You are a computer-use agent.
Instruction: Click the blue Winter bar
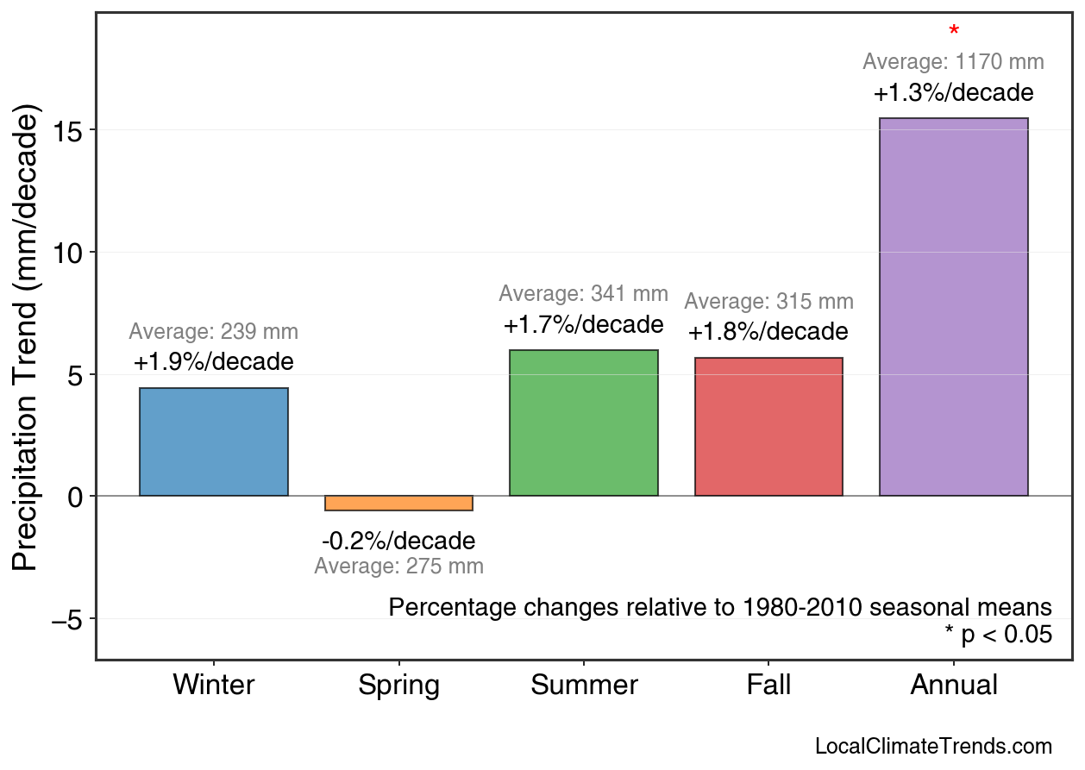tap(213, 441)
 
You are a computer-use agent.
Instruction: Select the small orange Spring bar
tap(398, 504)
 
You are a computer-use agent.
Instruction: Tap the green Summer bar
tap(584, 423)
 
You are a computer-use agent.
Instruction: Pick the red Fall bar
tap(768, 427)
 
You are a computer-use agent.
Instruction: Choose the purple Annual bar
tap(953, 307)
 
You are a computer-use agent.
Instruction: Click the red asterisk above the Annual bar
tap(953, 32)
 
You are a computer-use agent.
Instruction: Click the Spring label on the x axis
tap(398, 685)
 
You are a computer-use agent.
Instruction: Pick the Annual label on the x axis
tap(953, 685)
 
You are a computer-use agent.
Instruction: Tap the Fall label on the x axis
tap(768, 685)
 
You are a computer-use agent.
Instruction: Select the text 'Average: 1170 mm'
tap(953, 62)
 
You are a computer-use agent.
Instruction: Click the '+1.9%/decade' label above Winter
tap(213, 362)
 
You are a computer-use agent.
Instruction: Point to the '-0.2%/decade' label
tap(398, 542)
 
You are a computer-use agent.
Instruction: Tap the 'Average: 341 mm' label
tap(583, 294)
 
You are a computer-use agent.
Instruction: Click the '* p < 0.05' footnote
tap(998, 635)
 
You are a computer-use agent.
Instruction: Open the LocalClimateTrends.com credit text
tap(933, 747)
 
